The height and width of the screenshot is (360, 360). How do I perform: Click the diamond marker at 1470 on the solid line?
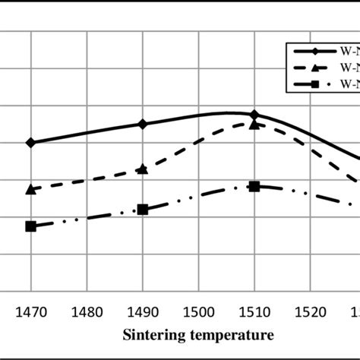tap(30, 142)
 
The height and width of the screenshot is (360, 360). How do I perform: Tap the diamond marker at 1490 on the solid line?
tap(143, 124)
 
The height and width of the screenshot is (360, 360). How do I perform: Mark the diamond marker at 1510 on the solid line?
tap(254, 115)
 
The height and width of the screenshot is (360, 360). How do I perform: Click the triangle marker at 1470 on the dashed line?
tap(30, 188)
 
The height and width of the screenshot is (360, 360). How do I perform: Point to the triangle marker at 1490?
tap(143, 169)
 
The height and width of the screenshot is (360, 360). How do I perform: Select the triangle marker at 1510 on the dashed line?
tap(254, 123)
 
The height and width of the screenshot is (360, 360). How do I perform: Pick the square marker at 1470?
tap(30, 226)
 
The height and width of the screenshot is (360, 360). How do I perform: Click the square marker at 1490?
tap(143, 209)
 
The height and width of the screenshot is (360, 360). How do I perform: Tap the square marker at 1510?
tap(254, 186)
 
